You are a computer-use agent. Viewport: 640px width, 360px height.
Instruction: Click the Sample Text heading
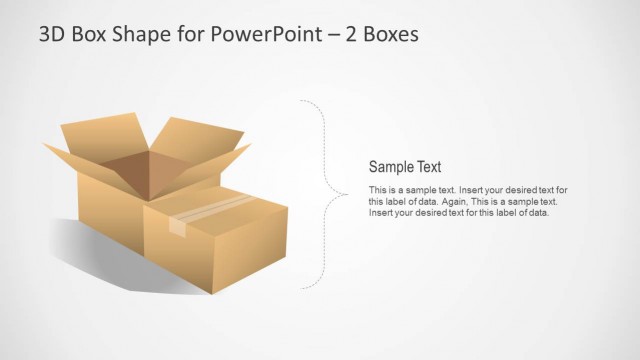[405, 167]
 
